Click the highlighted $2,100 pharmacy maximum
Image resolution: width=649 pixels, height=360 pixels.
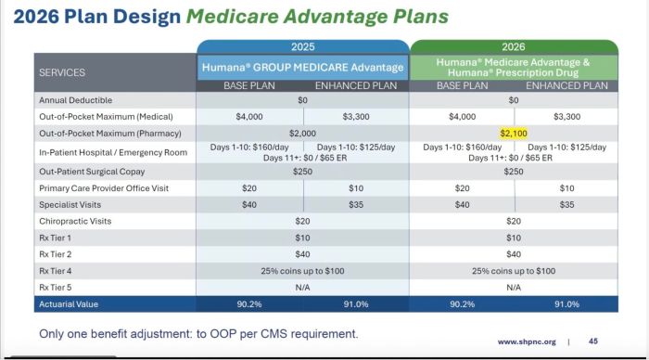click(x=513, y=133)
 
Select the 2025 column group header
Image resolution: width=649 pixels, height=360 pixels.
click(x=302, y=46)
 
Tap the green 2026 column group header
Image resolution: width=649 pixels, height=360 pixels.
click(x=513, y=46)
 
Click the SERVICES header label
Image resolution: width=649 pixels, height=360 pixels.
click(x=61, y=71)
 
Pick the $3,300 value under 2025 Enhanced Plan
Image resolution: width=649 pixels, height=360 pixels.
click(x=356, y=116)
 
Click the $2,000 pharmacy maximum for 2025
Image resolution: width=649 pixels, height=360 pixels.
click(x=302, y=133)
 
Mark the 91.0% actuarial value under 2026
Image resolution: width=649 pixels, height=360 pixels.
click(x=566, y=303)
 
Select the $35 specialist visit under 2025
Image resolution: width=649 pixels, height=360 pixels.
click(x=356, y=204)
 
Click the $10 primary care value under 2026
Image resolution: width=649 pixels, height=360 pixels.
click(x=566, y=187)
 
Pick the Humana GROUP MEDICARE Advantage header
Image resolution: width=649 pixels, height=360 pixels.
click(x=302, y=67)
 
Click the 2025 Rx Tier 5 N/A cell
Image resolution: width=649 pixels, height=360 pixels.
click(x=302, y=287)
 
